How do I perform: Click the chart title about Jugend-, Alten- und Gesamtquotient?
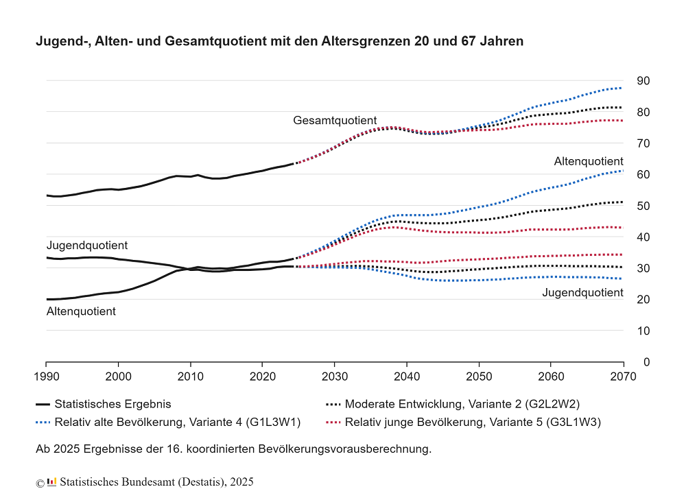point(279,41)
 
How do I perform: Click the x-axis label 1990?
point(46,377)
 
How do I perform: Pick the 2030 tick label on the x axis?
point(334,377)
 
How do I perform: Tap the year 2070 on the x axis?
point(623,377)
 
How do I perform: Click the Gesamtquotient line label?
point(335,121)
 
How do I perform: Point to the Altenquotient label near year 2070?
point(589,161)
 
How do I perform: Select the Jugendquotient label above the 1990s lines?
point(87,245)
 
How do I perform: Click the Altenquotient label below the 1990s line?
point(81,311)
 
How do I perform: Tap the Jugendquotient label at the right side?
point(582,293)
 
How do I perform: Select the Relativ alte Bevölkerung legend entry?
point(168,422)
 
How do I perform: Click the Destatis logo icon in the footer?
point(52,481)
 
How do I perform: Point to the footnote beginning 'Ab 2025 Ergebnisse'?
point(233,449)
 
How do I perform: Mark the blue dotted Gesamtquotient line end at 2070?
point(621,88)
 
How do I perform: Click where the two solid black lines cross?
point(187,269)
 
